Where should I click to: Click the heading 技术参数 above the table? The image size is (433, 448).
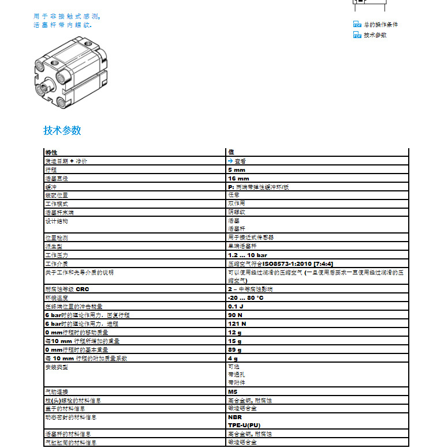62,130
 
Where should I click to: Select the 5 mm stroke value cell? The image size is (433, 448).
237,170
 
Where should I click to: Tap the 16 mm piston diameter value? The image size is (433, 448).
238,179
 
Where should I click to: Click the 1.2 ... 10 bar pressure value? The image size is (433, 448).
248,255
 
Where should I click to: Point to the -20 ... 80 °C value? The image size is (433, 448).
246,298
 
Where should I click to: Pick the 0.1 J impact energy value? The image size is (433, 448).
236,307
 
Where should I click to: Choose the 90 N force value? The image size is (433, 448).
234,315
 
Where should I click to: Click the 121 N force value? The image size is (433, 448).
237,323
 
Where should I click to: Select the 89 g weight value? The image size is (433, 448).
234,349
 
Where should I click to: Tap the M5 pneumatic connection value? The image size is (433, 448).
233,391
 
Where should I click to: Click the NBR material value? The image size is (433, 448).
234,417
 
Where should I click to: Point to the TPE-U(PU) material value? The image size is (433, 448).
244,425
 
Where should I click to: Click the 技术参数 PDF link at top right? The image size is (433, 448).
375,35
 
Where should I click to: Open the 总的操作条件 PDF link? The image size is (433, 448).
380,25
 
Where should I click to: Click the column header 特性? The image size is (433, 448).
51,152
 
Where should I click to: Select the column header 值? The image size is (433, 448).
231,152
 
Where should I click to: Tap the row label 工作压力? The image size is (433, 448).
56,255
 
